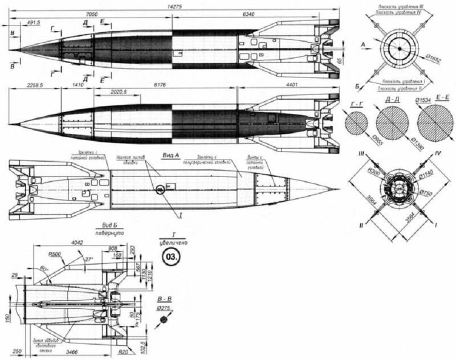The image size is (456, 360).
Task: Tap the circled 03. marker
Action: (170, 256)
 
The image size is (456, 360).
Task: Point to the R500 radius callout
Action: (55, 255)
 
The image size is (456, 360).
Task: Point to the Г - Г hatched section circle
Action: (357, 122)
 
